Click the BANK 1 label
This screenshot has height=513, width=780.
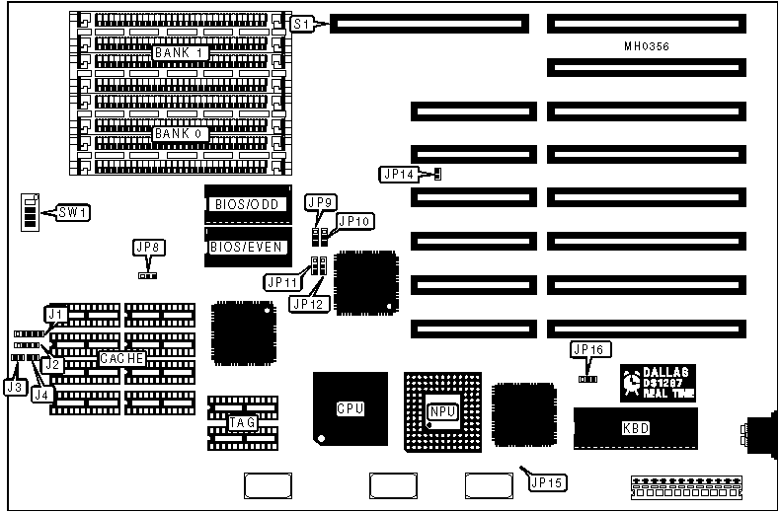[181, 51]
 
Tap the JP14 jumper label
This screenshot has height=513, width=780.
[399, 175]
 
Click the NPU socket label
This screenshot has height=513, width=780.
[441, 411]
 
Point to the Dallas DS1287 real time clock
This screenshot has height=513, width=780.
[658, 383]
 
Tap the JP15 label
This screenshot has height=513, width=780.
[544, 482]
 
